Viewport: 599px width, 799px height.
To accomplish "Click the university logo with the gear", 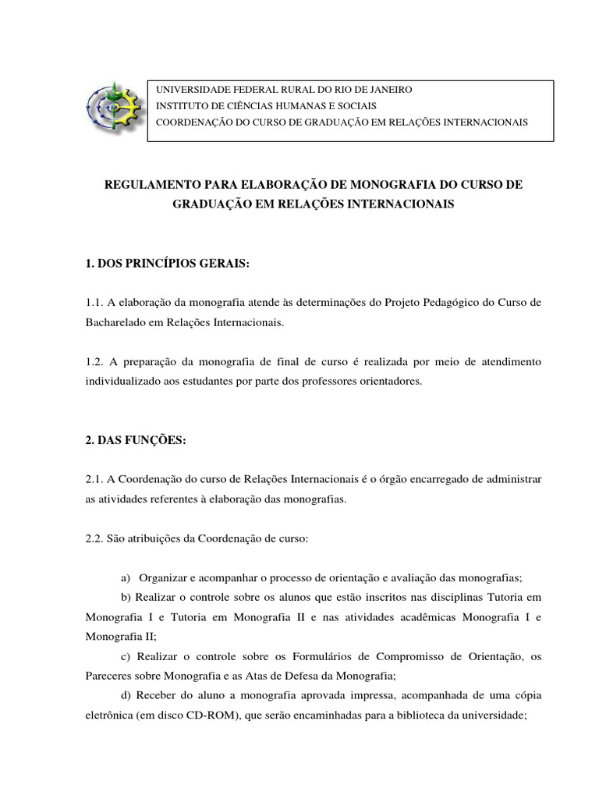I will [x=115, y=110].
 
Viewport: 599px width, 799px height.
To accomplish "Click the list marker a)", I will [x=126, y=578].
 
